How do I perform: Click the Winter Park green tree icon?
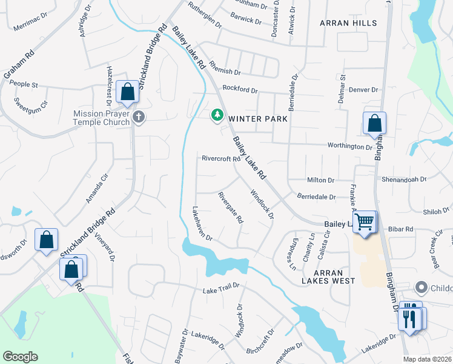pyautogui.click(x=217, y=115)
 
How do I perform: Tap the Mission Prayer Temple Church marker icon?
pyautogui.click(x=139, y=116)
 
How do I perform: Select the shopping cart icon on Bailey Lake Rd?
pyautogui.click(x=364, y=222)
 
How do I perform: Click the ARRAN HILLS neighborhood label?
pyautogui.click(x=348, y=23)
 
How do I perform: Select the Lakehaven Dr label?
pyautogui.click(x=202, y=222)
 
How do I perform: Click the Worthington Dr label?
pyautogui.click(x=350, y=147)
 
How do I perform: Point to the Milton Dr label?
pyautogui.click(x=321, y=180)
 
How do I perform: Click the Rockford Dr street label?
pyautogui.click(x=240, y=89)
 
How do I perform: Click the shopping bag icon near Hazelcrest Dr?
pyautogui.click(x=127, y=93)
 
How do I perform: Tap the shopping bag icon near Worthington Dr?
pyautogui.click(x=374, y=123)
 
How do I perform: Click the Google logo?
pyautogui.click(x=20, y=357)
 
